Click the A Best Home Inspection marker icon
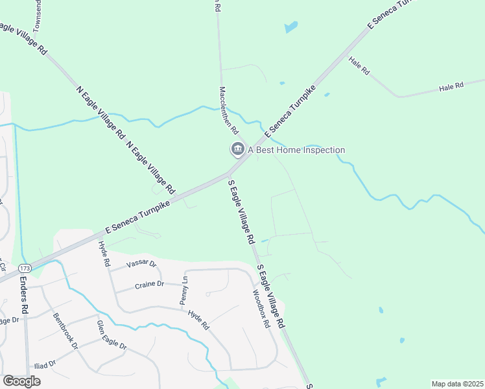click(237, 150)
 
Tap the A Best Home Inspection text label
click(296, 150)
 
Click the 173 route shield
click(25, 268)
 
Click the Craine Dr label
click(150, 285)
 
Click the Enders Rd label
click(24, 296)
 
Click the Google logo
click(21, 381)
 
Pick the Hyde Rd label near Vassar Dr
click(102, 254)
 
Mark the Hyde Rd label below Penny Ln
click(198, 320)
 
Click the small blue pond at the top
click(291, 27)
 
